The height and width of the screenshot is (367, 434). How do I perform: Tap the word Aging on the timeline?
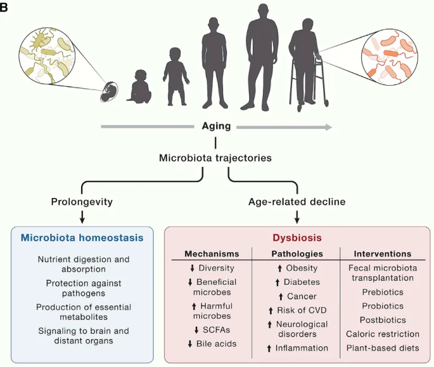pos(216,126)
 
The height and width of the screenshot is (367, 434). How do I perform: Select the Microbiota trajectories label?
pos(215,158)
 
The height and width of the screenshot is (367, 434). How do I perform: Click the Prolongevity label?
pos(83,201)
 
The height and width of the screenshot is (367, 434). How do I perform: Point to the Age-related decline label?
pos(297,201)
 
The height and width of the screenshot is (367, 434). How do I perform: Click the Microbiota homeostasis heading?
pos(82,238)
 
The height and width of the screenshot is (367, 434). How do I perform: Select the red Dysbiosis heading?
pos(297,238)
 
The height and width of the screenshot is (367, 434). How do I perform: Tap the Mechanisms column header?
pos(211,254)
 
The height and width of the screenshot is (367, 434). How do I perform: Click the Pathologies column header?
pos(297,254)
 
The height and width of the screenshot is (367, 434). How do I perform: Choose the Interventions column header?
pos(383,254)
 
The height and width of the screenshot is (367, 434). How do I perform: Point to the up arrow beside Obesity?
pos(278,269)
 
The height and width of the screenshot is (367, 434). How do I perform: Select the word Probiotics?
pos(383,306)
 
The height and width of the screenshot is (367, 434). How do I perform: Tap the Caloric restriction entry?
pos(383,334)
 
